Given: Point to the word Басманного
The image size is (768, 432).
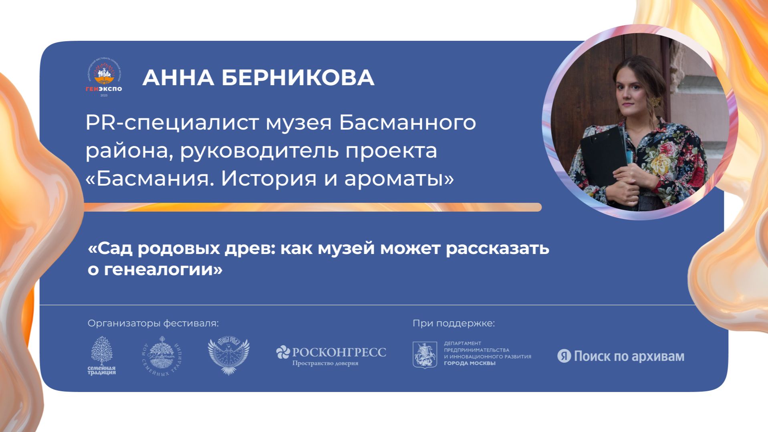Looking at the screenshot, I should [407, 123].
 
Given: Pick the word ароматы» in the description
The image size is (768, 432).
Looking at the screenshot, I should [399, 179].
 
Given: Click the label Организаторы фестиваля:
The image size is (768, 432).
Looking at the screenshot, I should [153, 323].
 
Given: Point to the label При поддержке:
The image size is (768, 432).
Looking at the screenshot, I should [454, 323].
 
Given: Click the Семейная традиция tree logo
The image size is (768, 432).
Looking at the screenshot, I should [102, 355].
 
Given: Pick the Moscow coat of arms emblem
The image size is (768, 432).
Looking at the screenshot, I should [425, 355].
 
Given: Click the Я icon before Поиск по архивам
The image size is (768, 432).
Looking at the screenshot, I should [564, 356].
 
